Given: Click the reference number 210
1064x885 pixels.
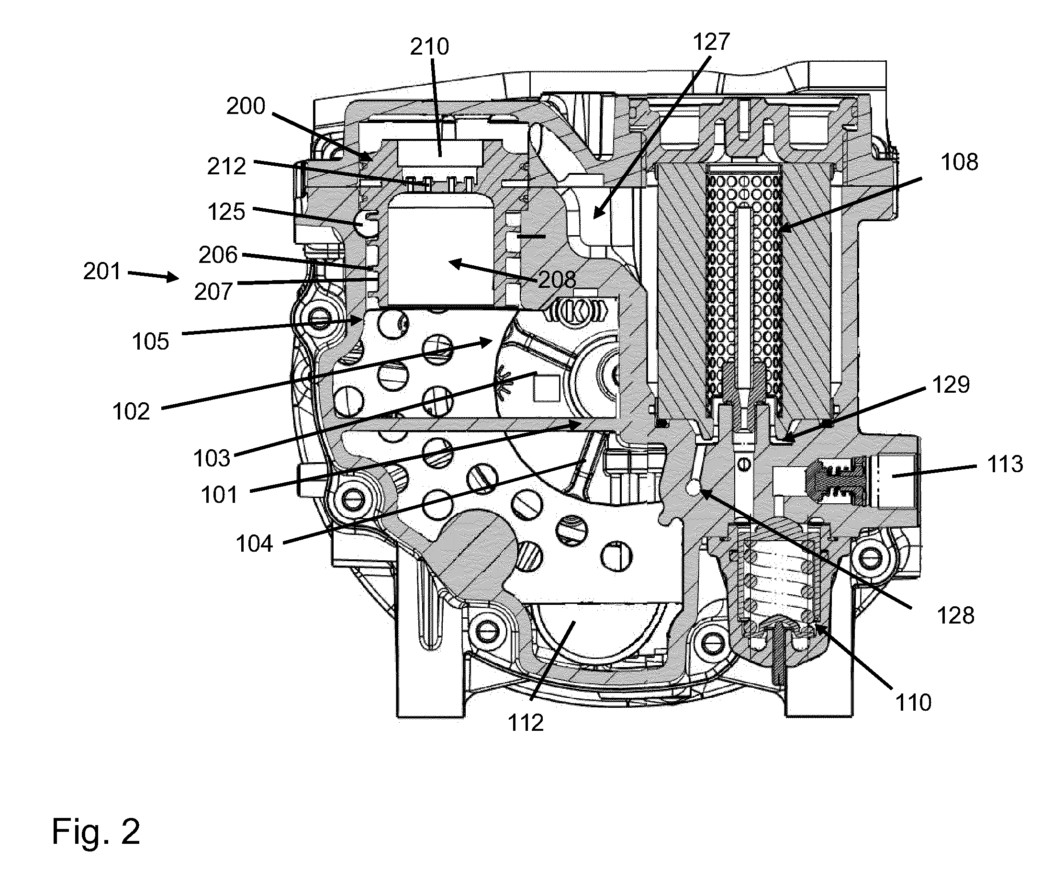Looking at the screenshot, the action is click(429, 46).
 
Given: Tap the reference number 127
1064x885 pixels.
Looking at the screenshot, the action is click(711, 42).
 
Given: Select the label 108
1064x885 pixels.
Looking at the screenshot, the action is click(959, 162).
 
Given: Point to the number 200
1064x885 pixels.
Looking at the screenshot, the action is click(246, 106).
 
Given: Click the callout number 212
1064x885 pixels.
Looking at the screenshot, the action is click(226, 166).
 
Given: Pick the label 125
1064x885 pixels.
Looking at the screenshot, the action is click(226, 212).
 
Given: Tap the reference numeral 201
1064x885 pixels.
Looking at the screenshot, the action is click(102, 272).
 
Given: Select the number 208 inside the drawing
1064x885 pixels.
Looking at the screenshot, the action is click(557, 279).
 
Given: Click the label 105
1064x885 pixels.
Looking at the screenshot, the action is click(150, 341).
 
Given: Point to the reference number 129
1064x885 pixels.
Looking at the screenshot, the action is click(951, 385).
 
